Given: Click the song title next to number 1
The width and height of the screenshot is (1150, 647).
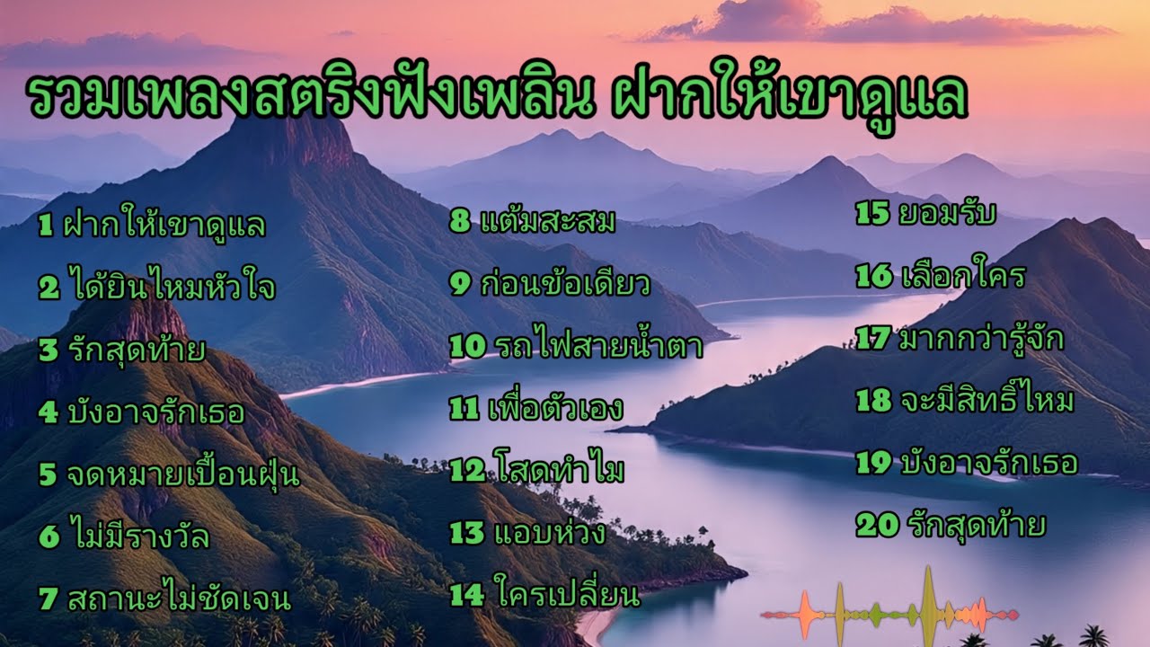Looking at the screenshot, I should pyautogui.click(x=165, y=226).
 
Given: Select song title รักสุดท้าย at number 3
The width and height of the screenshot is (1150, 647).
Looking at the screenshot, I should pyautogui.click(x=134, y=350).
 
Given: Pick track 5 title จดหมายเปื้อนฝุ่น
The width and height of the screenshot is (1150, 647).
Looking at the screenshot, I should pyautogui.click(x=182, y=474).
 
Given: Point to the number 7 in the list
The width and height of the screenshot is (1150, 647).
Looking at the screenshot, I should pyautogui.click(x=49, y=598).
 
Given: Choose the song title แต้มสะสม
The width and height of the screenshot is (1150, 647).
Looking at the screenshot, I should pyautogui.click(x=548, y=221).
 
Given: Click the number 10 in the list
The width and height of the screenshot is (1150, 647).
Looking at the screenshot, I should pyautogui.click(x=467, y=346).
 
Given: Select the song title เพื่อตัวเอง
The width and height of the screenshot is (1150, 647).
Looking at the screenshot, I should pyautogui.click(x=558, y=408).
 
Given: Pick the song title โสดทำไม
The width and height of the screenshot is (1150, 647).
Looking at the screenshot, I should pyautogui.click(x=559, y=470).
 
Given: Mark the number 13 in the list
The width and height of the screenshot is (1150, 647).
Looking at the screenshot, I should pyautogui.click(x=467, y=533).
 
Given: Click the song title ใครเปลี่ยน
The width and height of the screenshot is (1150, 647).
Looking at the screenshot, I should pyautogui.click(x=566, y=595).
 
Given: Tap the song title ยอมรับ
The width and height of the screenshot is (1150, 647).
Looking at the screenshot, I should pyautogui.click(x=947, y=214).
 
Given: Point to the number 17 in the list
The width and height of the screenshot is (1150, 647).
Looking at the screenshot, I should pyautogui.click(x=873, y=338).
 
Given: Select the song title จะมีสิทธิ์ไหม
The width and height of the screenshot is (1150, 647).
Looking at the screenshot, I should pyautogui.click(x=986, y=401).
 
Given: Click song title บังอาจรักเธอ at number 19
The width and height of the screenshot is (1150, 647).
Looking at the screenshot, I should pyautogui.click(x=988, y=463).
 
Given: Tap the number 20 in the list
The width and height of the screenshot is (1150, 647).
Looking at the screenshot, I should pyautogui.click(x=877, y=525).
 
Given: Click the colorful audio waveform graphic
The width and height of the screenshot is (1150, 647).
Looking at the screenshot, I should pyautogui.click(x=889, y=614).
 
